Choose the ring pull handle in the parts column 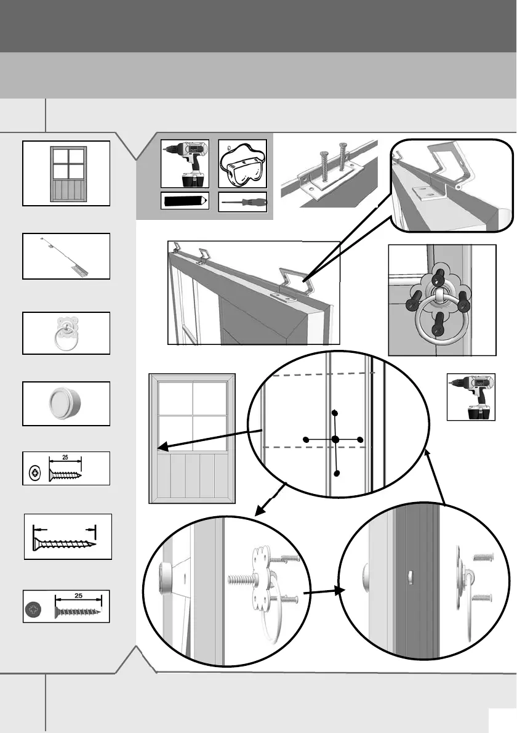click(x=66, y=333)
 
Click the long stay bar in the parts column click(x=66, y=256)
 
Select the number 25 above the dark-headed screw click(x=78, y=596)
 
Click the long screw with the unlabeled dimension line click(x=64, y=544)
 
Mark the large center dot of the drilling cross click(x=335, y=439)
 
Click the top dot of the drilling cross click(x=334, y=413)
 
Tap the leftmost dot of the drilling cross click(x=305, y=439)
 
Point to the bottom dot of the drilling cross click(x=336, y=473)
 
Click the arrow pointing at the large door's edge click(x=209, y=440)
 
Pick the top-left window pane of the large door click(x=175, y=399)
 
